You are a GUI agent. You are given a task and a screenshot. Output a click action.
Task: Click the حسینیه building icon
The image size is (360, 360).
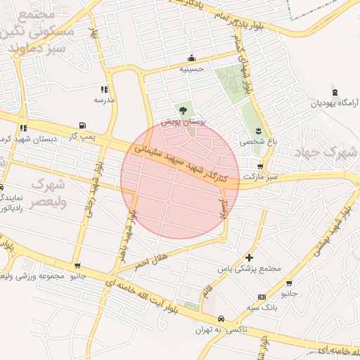point(191,58)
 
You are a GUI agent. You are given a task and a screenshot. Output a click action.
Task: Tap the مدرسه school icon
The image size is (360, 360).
point(105,89)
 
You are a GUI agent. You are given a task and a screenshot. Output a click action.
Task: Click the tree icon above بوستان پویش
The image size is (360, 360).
point(184,110)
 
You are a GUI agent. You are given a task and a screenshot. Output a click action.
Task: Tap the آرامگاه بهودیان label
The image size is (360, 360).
point(335,103)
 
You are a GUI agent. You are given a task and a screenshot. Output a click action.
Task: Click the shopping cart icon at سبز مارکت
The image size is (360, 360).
point(261,167)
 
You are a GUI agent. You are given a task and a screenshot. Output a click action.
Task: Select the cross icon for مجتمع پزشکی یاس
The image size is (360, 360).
point(250,257)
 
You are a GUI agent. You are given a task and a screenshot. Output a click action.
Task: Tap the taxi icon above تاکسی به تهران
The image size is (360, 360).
point(221,318)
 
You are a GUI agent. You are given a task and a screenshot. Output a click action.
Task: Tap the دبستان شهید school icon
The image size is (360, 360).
point(23,128)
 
